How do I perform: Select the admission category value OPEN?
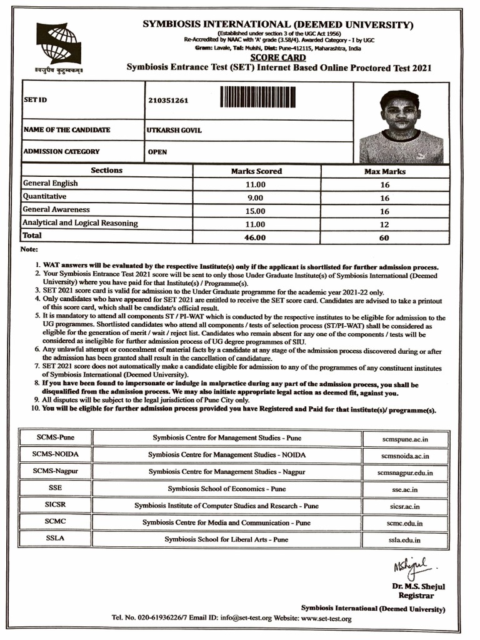[157, 152]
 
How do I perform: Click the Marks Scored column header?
[256, 171]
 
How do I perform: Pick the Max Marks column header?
[384, 171]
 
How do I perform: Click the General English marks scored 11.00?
[256, 184]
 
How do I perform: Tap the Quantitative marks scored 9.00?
[256, 197]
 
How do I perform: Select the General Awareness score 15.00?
[256, 211]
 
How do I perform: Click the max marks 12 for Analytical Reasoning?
[384, 224]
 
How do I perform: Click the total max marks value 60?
[384, 237]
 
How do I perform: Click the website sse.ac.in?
[405, 490]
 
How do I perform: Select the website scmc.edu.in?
[405, 523]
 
